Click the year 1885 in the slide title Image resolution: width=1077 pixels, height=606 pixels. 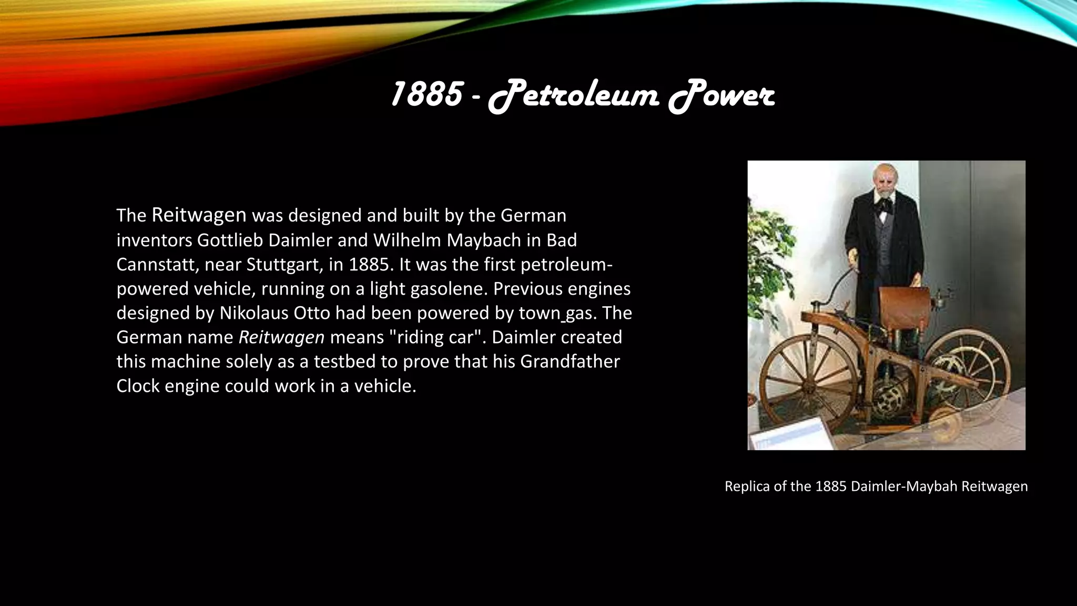tap(426, 95)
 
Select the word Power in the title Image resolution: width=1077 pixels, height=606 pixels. tap(722, 97)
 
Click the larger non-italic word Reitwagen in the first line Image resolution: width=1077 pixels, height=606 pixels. tap(199, 215)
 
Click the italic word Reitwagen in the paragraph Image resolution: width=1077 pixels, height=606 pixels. tap(281, 337)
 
